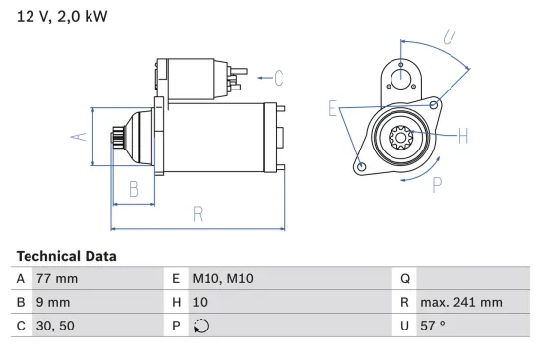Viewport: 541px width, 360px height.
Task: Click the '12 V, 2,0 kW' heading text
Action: [62, 17]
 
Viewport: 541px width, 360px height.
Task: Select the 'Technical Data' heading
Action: [66, 256]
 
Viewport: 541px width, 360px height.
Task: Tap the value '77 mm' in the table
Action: [56, 278]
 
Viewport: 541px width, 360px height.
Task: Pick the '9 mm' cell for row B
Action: [52, 303]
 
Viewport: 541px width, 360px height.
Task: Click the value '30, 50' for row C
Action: [55, 327]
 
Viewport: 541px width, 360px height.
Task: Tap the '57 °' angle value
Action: [434, 327]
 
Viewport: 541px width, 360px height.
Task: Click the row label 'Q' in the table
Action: [404, 278]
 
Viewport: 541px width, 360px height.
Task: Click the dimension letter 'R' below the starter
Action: [197, 213]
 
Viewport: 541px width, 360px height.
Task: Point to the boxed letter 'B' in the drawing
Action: [133, 189]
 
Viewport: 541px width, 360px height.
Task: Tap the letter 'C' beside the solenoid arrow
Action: [278, 77]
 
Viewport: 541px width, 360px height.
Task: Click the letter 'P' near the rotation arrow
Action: [436, 182]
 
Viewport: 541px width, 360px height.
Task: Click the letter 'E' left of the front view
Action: [333, 108]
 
